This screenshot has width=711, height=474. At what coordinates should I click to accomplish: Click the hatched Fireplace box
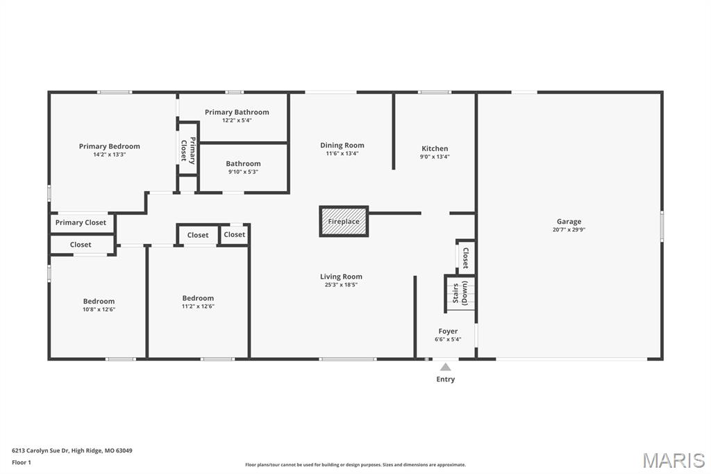[x=344, y=222]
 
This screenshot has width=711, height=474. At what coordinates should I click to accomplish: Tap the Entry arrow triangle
[x=446, y=367]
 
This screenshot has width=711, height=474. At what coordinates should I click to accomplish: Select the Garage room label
[x=569, y=222]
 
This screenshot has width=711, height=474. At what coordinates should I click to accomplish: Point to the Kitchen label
[x=435, y=149]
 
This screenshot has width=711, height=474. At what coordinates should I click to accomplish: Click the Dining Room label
[x=342, y=145]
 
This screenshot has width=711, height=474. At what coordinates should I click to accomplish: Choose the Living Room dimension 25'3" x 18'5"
[x=341, y=285]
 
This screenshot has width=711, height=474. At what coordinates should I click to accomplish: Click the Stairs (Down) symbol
[x=460, y=294]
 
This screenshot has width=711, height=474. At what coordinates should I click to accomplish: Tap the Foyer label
[x=448, y=332]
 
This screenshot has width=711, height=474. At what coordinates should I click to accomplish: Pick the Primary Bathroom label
[x=237, y=112]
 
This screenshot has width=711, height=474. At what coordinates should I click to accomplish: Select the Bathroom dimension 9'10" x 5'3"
[x=244, y=172]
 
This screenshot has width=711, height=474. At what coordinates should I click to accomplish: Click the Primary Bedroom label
[x=109, y=146]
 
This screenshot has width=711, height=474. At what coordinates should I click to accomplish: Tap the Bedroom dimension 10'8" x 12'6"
[x=99, y=309]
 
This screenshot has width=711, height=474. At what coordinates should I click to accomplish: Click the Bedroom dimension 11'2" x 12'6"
[x=198, y=306]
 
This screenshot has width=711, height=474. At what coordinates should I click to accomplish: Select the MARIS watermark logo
[x=674, y=460]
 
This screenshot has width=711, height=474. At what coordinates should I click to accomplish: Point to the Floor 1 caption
[x=22, y=463]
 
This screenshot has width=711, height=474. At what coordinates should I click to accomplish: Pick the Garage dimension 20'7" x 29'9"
[x=569, y=230]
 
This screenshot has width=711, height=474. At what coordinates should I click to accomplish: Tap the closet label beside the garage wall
[x=466, y=258]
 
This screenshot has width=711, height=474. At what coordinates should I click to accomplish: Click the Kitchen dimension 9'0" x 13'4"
[x=435, y=156]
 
